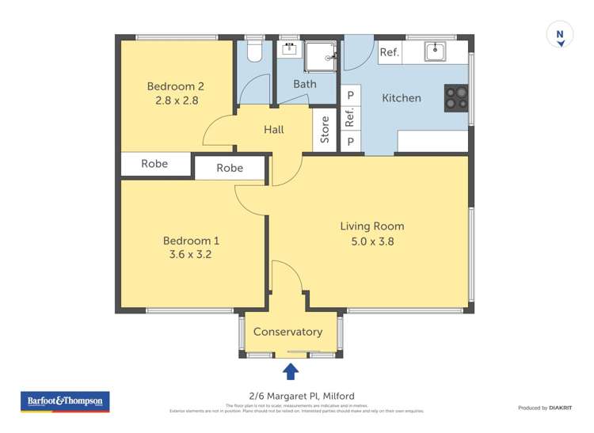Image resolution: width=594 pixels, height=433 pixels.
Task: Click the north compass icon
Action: (x=560, y=36)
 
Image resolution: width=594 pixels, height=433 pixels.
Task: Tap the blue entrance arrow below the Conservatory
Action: (x=291, y=370)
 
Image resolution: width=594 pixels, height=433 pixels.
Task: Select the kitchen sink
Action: (x=434, y=52)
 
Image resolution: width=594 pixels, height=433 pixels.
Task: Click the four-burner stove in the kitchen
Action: (x=455, y=97)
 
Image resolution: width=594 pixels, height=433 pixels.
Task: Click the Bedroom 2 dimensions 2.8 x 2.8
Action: (x=176, y=101)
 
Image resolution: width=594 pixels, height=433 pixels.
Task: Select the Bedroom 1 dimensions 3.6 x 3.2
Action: (x=191, y=255)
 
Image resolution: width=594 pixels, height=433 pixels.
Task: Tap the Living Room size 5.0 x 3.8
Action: (x=371, y=241)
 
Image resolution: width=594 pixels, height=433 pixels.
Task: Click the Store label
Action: (x=325, y=130)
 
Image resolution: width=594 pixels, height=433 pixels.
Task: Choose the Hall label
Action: (x=273, y=129)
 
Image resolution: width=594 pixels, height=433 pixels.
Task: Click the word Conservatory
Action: (x=287, y=332)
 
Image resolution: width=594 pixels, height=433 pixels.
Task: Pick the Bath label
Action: (x=305, y=83)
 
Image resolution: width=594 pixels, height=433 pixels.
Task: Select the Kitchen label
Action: (x=402, y=98)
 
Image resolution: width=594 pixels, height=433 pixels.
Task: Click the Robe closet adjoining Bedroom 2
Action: (x=155, y=164)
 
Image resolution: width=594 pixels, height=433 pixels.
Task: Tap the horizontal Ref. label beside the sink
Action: (x=389, y=53)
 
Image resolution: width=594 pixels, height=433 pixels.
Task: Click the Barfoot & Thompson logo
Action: (x=65, y=401)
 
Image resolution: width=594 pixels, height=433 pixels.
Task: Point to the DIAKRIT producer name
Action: (x=559, y=408)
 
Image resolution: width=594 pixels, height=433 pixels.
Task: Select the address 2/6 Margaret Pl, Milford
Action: (x=297, y=396)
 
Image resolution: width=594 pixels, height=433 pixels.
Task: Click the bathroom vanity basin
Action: (x=290, y=48)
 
